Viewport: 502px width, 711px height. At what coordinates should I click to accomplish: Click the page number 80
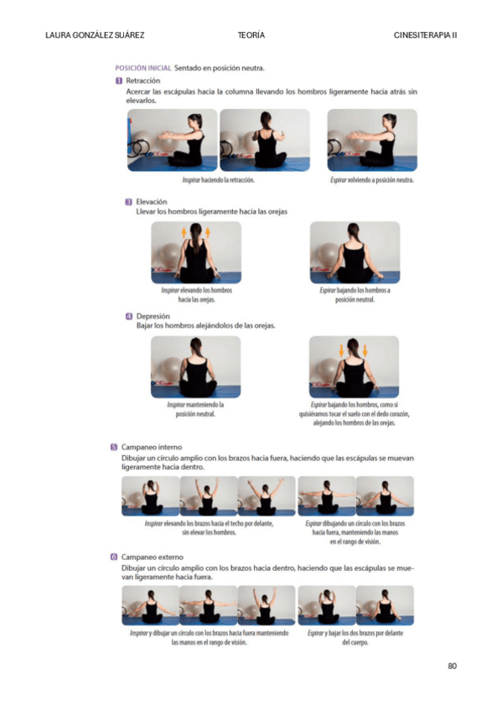(453, 666)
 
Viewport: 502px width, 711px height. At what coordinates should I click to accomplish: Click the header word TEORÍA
(251, 35)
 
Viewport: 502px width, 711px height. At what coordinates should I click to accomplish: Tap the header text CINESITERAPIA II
(425, 35)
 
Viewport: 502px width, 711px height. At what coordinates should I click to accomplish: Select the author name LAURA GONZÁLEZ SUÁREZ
(95, 35)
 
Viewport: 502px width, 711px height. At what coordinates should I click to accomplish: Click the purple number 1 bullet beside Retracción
(119, 80)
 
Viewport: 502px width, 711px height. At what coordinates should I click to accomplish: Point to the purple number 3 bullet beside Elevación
(129, 202)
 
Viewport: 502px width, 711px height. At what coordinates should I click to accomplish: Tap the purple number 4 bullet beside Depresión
(129, 316)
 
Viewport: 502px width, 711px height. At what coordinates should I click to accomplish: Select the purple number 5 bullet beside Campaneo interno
(114, 447)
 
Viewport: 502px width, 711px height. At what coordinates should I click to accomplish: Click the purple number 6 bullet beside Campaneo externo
(114, 557)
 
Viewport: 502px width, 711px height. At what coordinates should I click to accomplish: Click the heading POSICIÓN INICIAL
(143, 68)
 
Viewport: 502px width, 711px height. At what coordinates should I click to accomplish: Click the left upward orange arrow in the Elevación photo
(184, 232)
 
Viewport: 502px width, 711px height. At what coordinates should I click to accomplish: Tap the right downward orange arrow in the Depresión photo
(365, 350)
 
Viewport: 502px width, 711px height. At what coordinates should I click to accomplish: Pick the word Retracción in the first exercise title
(143, 80)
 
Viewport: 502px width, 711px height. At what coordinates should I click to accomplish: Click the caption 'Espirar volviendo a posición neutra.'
(372, 180)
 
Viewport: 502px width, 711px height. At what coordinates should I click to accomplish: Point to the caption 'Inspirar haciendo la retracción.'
(219, 180)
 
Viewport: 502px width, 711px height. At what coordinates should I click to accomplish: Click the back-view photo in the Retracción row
(265, 140)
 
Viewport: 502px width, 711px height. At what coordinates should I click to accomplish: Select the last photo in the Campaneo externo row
(386, 605)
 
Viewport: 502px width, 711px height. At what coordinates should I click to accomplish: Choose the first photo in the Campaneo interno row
(150, 496)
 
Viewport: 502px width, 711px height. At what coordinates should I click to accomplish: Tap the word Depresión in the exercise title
(153, 316)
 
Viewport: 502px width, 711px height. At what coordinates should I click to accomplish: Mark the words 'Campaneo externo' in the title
(153, 557)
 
